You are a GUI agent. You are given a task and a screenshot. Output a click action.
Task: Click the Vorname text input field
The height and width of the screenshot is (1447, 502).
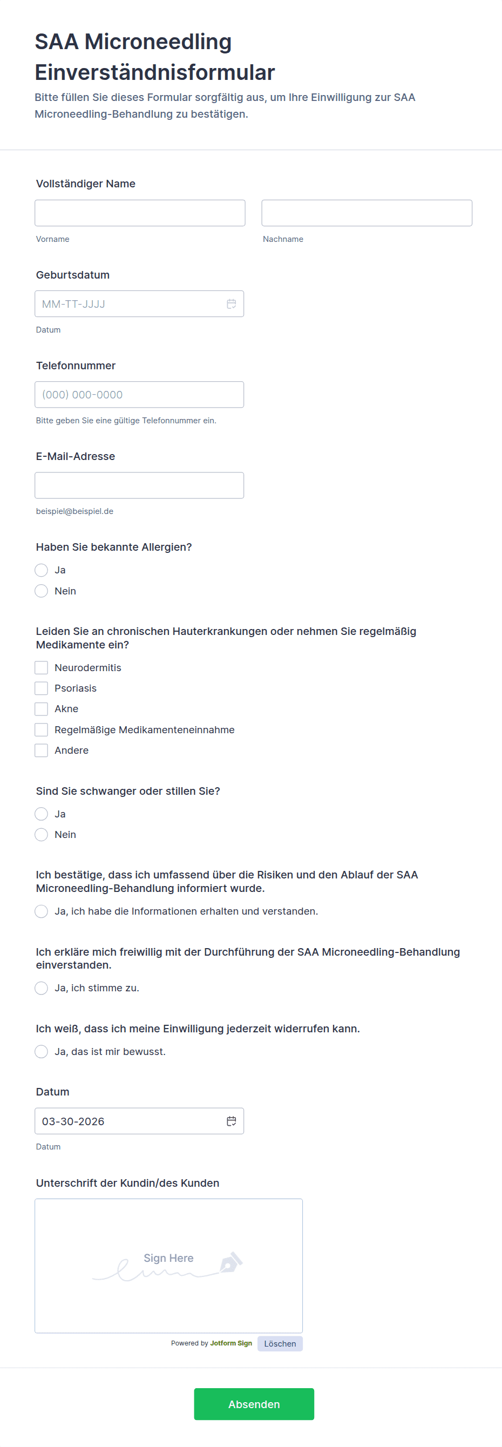click(x=140, y=213)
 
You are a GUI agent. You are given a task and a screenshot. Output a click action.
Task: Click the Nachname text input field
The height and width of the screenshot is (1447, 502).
click(x=367, y=213)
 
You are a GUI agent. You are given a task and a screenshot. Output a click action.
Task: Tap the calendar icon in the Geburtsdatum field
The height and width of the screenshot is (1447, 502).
click(x=232, y=304)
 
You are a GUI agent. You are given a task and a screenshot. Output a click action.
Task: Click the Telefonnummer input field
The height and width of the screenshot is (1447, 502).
click(x=139, y=394)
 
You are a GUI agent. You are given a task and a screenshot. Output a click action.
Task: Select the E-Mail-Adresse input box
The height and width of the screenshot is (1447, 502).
click(x=139, y=485)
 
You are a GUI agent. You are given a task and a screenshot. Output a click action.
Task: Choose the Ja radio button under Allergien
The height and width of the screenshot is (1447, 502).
click(x=42, y=570)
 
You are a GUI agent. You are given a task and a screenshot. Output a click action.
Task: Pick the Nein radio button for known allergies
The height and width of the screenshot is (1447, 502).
click(x=42, y=591)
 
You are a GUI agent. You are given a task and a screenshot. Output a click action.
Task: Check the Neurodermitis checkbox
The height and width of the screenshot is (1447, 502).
click(x=42, y=667)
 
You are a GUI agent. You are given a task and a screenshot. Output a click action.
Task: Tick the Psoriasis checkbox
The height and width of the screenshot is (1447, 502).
click(x=42, y=688)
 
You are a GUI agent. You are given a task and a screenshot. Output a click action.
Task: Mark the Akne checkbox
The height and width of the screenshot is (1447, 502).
click(x=42, y=709)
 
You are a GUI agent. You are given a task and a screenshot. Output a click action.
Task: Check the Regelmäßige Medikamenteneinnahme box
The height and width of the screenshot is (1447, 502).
click(x=42, y=729)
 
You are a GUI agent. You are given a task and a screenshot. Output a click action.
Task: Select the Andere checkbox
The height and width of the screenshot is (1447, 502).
click(x=42, y=750)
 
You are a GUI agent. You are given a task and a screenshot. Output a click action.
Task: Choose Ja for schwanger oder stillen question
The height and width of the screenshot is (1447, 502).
click(x=42, y=814)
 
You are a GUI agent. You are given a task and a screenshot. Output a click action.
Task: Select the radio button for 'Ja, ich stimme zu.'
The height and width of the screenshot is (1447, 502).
click(x=42, y=988)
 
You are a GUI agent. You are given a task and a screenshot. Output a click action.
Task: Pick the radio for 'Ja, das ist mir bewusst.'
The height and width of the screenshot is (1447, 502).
click(x=42, y=1052)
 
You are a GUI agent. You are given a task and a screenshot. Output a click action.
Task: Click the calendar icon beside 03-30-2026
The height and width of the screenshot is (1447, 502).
click(x=232, y=1121)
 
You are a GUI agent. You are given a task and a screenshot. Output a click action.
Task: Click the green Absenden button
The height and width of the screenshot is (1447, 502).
click(x=254, y=1404)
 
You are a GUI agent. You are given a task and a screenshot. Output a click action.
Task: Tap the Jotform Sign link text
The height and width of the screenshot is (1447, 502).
click(x=231, y=1343)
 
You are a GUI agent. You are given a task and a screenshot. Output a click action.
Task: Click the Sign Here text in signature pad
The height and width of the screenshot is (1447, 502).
click(x=168, y=1258)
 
